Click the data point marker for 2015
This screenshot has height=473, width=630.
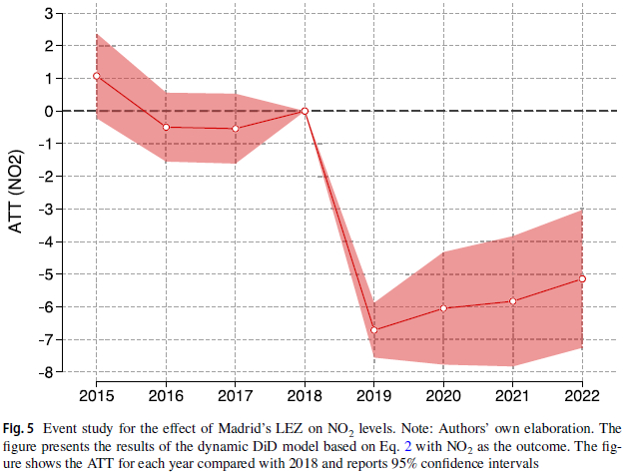(97, 76)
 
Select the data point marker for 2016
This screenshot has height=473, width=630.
(166, 127)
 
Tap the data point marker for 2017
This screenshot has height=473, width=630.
(236, 128)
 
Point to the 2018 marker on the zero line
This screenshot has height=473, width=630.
(305, 111)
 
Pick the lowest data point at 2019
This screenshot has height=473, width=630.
(373, 329)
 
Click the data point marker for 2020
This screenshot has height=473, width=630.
(443, 307)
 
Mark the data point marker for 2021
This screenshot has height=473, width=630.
(512, 300)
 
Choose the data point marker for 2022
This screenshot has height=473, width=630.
(582, 278)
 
